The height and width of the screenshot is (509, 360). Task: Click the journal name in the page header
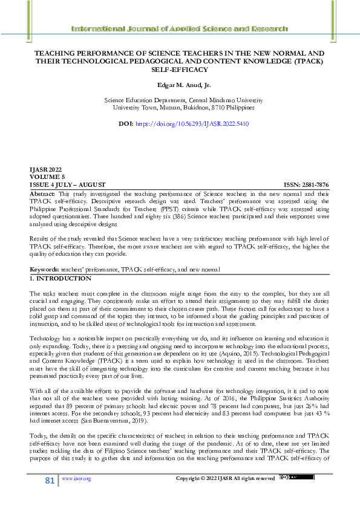point(179,28)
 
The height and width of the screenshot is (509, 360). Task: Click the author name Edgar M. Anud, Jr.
point(179,86)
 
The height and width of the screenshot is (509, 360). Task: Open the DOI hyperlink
point(192,123)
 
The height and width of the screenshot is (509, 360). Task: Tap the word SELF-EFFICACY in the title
point(179,70)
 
